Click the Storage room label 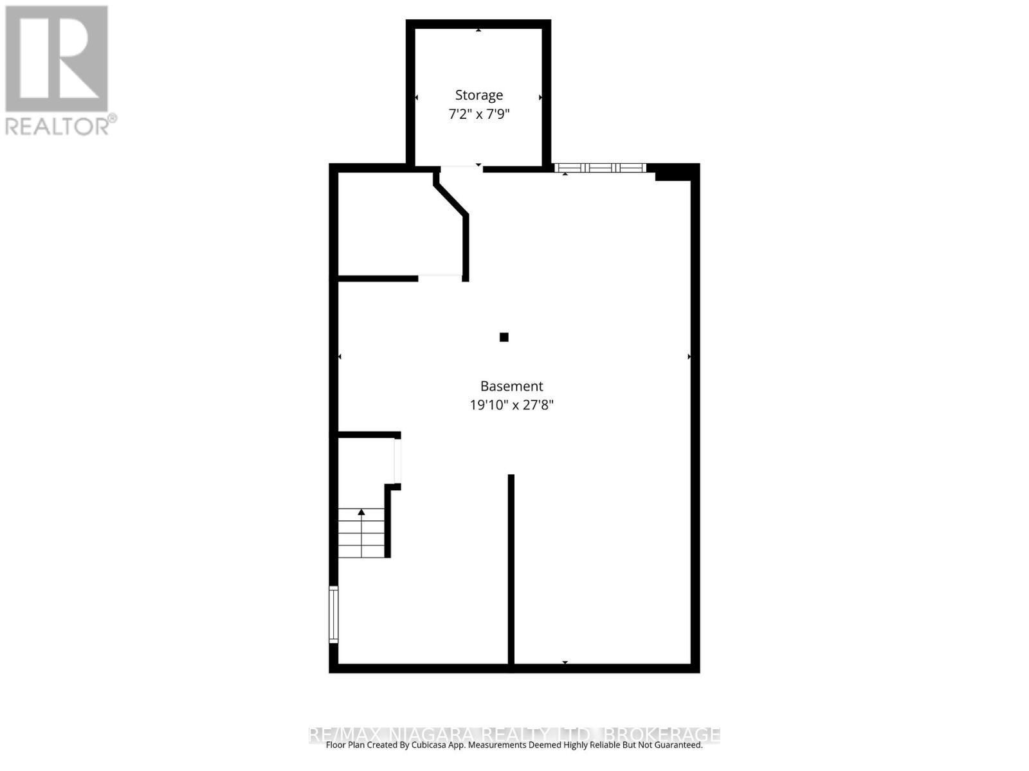point(478,95)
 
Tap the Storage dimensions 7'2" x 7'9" point(478,114)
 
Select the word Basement point(511,386)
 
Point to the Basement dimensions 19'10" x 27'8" point(511,405)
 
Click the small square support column point(504,337)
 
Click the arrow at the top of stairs point(361,512)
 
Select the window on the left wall point(333,614)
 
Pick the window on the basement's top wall point(600,168)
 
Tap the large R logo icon point(57,58)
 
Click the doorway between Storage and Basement point(461,168)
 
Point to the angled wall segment point(451,199)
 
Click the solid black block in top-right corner point(672,172)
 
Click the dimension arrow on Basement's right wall point(689,357)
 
